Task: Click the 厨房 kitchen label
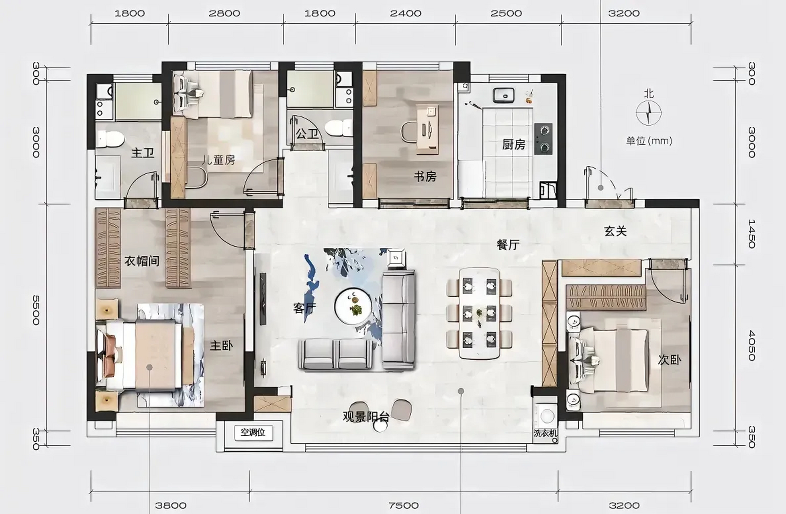pyautogui.click(x=514, y=145)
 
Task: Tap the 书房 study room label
pyautogui.click(x=425, y=176)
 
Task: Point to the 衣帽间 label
pyautogui.click(x=142, y=261)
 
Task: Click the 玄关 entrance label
pyautogui.click(x=615, y=231)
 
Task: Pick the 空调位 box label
pyautogui.click(x=253, y=432)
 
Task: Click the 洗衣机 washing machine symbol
pyautogui.click(x=546, y=416)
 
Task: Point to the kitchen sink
pyautogui.click(x=504, y=95)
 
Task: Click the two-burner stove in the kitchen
pyautogui.click(x=543, y=139)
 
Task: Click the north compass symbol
pyautogui.click(x=649, y=113)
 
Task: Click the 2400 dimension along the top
pyautogui.click(x=406, y=13)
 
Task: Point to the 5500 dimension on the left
pyautogui.click(x=36, y=310)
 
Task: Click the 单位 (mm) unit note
pyautogui.click(x=649, y=141)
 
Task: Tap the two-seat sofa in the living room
pyautogui.click(x=335, y=354)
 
